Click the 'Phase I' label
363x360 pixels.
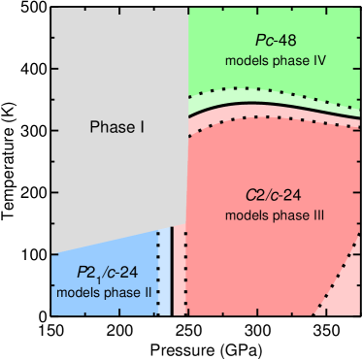click(x=116, y=127)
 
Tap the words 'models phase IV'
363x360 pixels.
click(x=274, y=60)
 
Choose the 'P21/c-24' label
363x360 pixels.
click(x=104, y=272)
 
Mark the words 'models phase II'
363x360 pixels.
click(x=104, y=291)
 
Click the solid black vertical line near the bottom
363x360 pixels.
click(x=172, y=272)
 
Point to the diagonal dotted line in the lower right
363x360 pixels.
click(x=335, y=277)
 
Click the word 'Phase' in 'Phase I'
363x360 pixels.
click(x=110, y=127)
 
